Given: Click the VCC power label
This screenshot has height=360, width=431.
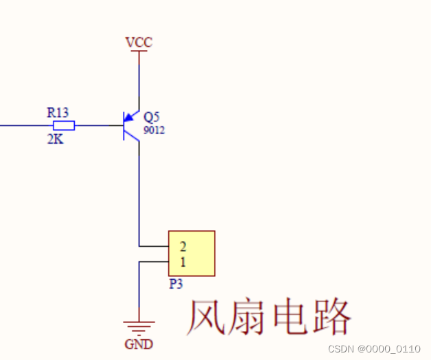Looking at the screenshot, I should tap(139, 43).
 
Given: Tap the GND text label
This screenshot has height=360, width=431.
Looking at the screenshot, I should tap(139, 344).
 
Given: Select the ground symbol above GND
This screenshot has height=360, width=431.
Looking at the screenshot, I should tap(139, 326).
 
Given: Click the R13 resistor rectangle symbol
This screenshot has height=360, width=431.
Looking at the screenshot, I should tap(64, 126).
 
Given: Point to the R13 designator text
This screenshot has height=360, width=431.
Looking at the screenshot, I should tap(58, 112).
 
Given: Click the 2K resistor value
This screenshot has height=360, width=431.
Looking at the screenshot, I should tap(55, 139).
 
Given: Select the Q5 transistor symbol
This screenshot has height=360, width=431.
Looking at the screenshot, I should tap(130, 126).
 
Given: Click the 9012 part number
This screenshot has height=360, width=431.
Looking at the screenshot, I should tap(154, 129).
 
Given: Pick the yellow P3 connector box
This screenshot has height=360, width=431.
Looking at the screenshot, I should tap(191, 254).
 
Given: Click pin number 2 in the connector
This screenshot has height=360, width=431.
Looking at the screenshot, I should tap(183, 246).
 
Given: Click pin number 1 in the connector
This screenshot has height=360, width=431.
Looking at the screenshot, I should tap(183, 262).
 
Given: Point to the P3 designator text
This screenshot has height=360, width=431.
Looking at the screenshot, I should tap(176, 284).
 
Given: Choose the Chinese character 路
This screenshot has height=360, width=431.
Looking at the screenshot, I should tap(331, 317).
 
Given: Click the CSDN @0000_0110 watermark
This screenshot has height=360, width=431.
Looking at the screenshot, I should tap(374, 349).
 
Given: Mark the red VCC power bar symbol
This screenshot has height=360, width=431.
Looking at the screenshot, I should tap(139, 52).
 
